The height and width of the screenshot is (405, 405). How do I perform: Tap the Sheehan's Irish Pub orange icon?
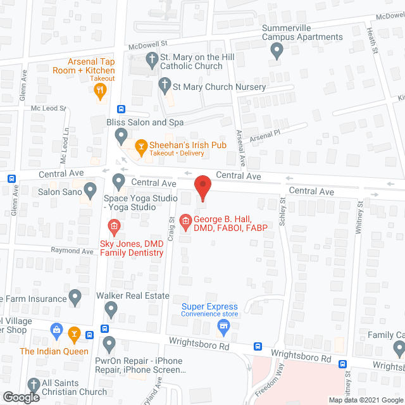click(140, 145)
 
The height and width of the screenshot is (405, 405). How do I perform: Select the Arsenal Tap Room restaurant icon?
click(100, 90)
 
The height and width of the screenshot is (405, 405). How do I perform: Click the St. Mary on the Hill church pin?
click(152, 61)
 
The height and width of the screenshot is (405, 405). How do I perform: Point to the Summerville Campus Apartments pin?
click(276, 53)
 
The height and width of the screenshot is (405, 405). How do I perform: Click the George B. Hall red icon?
click(185, 220)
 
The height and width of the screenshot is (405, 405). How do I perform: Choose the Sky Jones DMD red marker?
click(114, 225)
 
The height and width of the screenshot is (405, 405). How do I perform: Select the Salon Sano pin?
click(90, 188)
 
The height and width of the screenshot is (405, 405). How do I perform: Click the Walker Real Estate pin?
click(111, 309)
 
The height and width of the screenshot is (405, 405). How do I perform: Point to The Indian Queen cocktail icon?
click(75, 332)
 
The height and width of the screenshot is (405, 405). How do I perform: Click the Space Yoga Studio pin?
click(118, 182)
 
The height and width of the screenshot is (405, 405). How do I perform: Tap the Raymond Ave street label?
click(73, 251)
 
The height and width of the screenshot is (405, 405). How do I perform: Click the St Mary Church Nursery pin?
click(165, 84)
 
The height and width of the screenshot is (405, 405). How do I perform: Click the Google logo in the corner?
click(21, 397)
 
